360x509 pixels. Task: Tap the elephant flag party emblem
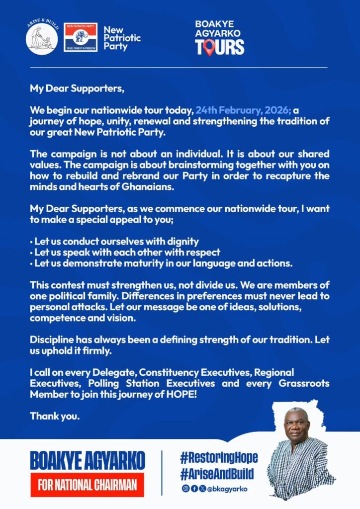tap(81, 37)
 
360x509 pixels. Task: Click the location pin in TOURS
tap(209, 47)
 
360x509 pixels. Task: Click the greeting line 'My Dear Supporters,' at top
tap(76, 89)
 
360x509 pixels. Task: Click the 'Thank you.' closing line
tap(55, 416)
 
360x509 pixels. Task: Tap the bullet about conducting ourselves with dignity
tap(114, 242)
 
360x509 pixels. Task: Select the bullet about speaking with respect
tap(125, 253)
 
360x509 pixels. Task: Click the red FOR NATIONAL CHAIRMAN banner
tap(88, 485)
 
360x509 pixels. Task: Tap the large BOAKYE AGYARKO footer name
tap(88, 460)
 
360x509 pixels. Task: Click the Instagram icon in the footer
tap(185, 489)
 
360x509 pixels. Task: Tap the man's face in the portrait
tap(297, 426)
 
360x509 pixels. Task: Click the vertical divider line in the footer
tap(162, 472)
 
